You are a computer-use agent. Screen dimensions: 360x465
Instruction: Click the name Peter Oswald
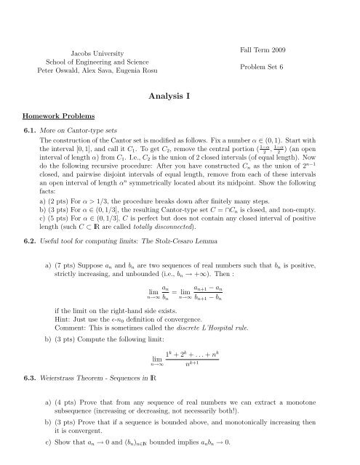coord(60,73)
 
